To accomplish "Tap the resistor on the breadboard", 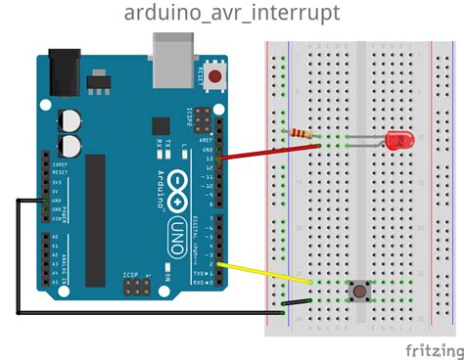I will tap(302, 133).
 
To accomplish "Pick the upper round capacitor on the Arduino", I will tap(71, 118).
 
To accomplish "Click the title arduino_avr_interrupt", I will tap(232, 13).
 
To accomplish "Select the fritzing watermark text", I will tap(432, 348).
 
